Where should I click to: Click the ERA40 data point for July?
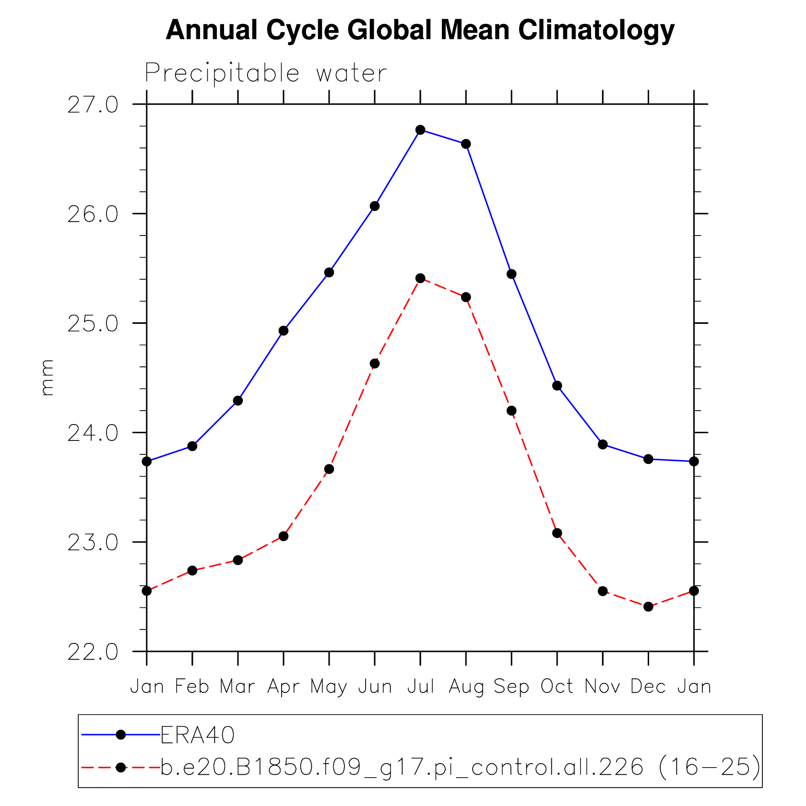tap(420, 130)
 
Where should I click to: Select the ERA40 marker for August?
tap(466, 144)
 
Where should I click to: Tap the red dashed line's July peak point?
tap(420, 278)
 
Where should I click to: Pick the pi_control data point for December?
tap(648, 607)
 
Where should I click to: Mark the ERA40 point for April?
tap(284, 331)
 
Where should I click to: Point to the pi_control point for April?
tap(284, 536)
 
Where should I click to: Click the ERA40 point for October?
tap(557, 386)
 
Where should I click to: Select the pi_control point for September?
tap(511, 411)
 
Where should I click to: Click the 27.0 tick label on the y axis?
tap(93, 105)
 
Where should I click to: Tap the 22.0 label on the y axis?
tap(93, 652)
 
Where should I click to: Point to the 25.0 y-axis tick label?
tap(93, 324)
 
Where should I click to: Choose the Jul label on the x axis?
tap(421, 687)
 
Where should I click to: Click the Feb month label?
tap(192, 687)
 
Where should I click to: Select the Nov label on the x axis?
tap(603, 687)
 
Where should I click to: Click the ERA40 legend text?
tap(197, 735)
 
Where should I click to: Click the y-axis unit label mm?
tap(47, 378)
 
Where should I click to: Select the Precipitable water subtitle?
tap(265, 73)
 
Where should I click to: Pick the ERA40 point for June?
tap(375, 206)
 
